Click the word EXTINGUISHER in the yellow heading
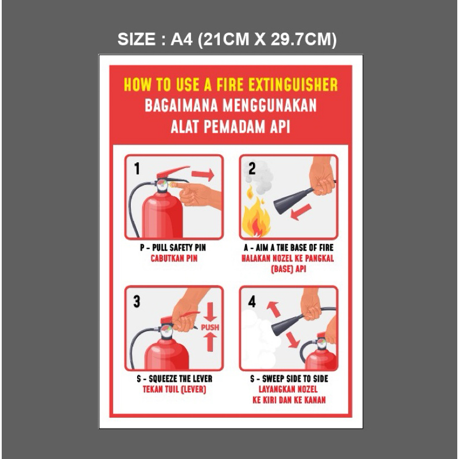(x=293, y=84)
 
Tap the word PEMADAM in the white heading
(x=234, y=127)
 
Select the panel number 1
(x=137, y=168)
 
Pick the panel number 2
(x=252, y=168)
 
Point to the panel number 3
(x=137, y=301)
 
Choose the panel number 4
(x=252, y=301)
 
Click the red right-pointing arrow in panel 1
(x=203, y=175)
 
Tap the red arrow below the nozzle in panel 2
(x=301, y=212)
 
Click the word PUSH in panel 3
(x=210, y=327)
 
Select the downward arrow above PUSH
(x=210, y=312)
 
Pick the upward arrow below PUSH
(x=210, y=342)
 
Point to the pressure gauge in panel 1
(x=162, y=185)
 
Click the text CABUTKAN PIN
(x=174, y=259)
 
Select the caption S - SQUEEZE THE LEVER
(x=174, y=379)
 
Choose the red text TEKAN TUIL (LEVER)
(x=174, y=390)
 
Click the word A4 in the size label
(x=181, y=39)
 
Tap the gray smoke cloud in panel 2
(x=259, y=177)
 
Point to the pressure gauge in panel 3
(x=166, y=331)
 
